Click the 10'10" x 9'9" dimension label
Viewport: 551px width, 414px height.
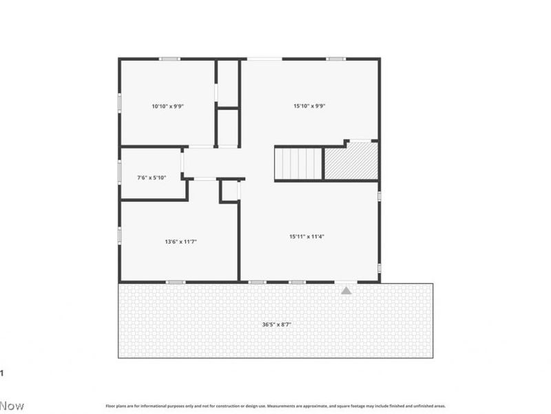(x=168, y=106)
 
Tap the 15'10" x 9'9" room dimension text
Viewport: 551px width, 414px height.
(x=309, y=106)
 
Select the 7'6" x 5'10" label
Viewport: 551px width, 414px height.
(x=152, y=178)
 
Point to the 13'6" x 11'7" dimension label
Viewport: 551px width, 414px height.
(x=181, y=241)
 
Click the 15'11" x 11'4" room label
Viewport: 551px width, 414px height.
(x=306, y=237)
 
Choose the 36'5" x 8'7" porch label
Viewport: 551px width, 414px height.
(x=275, y=324)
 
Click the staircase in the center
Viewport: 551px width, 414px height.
(x=299, y=164)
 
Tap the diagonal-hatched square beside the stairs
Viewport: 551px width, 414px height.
(x=351, y=162)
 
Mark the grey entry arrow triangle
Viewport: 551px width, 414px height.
(x=346, y=290)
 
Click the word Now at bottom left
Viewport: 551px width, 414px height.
(x=12, y=406)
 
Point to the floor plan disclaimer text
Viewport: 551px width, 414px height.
(x=275, y=406)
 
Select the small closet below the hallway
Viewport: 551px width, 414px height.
(x=230, y=191)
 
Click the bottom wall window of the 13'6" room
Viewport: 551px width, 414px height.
(x=176, y=282)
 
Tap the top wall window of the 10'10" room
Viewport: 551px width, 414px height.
(x=169, y=59)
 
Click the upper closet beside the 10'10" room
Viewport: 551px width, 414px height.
(x=228, y=83)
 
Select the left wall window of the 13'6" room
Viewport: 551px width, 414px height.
(x=120, y=235)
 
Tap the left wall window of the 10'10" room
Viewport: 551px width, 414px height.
(x=120, y=103)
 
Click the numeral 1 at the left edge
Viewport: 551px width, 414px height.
(x=2, y=373)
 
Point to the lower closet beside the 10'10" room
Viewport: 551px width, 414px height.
(x=228, y=127)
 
